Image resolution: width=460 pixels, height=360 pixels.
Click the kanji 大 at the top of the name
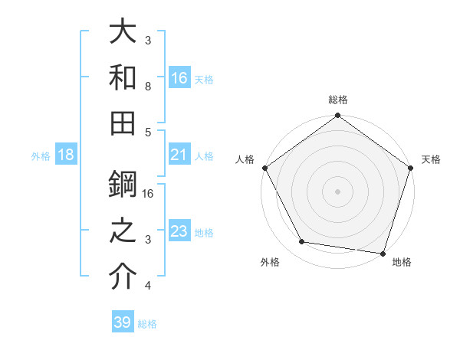point(123,32)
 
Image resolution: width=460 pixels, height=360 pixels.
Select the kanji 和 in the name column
point(123,77)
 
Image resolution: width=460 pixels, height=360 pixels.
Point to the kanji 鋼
point(123,185)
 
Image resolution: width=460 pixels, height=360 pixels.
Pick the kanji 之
point(123,231)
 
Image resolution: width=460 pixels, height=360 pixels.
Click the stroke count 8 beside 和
point(148,86)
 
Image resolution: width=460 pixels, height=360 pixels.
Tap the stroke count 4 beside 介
point(148,286)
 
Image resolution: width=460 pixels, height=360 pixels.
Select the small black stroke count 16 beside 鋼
point(149,194)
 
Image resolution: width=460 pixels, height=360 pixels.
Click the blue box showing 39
point(123,322)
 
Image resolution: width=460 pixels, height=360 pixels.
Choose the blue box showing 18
point(66,155)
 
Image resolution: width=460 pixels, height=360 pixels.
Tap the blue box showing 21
point(179,155)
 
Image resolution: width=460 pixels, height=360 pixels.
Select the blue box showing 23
point(179,231)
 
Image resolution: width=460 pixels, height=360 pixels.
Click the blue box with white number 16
point(179,77)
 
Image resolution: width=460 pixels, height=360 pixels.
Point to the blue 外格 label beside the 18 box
point(41,156)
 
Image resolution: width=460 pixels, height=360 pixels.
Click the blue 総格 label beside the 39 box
point(148,324)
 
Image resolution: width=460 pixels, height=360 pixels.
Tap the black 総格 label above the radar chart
point(338,100)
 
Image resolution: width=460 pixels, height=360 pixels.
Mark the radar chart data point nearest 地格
point(383,253)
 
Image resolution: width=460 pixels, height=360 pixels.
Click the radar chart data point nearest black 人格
point(264,168)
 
